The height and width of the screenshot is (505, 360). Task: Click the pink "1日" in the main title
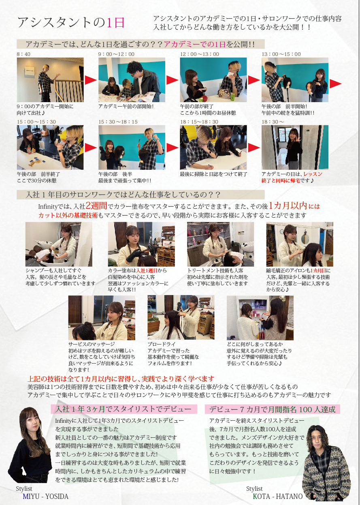pos(115,23)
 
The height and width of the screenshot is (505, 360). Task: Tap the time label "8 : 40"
pos(23,54)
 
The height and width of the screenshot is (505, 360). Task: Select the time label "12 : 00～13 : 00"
pos(199,54)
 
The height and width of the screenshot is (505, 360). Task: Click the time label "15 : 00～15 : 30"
pos(36,122)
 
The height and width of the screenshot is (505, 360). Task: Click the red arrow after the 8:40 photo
pos(91,80)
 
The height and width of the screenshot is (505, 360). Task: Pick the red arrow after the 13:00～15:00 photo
pos(335,83)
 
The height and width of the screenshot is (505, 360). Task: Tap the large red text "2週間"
pos(96,205)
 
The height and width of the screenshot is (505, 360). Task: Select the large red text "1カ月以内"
pos(288,205)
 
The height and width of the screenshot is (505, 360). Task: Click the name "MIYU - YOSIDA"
pos(45,496)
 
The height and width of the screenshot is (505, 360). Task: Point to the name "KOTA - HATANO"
pos(277,496)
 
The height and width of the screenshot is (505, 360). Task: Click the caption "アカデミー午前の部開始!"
pos(126,106)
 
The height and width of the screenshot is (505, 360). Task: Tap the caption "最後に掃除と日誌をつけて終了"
pos(213,174)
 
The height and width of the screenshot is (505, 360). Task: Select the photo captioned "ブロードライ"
pos(181,317)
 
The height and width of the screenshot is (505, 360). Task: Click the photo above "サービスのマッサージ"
pos(102,317)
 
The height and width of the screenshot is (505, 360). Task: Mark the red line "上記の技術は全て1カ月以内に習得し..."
pos(121,379)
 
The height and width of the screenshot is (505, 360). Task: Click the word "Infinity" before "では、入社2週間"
pos(48,206)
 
